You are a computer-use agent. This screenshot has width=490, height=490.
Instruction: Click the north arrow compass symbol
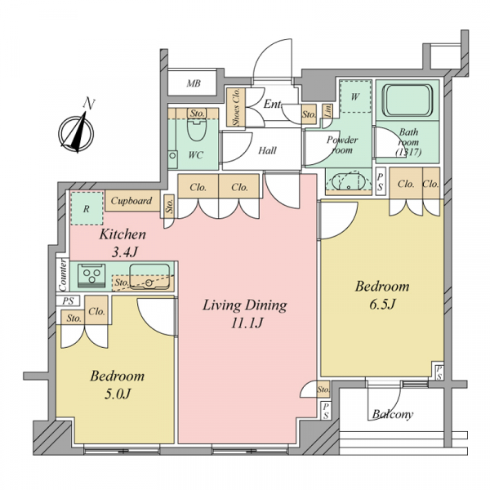(x=77, y=134)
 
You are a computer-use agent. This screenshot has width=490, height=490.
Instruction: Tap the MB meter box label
(x=194, y=83)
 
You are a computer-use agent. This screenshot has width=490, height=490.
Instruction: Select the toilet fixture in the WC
(x=197, y=129)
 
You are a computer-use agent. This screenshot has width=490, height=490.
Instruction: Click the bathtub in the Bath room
(x=409, y=100)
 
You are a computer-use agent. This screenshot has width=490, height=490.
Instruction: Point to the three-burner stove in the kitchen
(x=91, y=275)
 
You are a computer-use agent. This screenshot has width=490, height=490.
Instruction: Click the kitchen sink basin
(x=149, y=277)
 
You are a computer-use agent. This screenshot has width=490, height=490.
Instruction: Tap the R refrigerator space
(x=87, y=208)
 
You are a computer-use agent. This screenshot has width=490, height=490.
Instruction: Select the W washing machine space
(x=355, y=96)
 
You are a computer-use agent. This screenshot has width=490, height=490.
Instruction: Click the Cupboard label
(x=131, y=201)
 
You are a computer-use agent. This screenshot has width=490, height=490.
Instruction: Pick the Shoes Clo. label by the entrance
(x=236, y=107)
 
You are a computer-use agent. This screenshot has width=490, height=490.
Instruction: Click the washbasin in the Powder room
(x=348, y=181)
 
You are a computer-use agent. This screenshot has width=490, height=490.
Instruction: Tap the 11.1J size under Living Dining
(x=247, y=323)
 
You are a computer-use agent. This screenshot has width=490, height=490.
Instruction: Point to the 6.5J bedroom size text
(x=382, y=304)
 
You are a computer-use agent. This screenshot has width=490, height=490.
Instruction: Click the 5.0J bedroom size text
(x=117, y=394)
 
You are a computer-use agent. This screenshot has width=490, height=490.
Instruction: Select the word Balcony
(x=393, y=414)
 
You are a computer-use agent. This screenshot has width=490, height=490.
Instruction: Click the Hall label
(x=268, y=150)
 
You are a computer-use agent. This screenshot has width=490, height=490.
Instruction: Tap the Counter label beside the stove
(x=63, y=275)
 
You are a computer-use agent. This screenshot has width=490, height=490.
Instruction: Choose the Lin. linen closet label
(x=327, y=112)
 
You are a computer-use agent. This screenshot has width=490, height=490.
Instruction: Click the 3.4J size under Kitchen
(x=125, y=252)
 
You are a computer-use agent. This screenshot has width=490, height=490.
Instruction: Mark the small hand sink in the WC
(x=172, y=155)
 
